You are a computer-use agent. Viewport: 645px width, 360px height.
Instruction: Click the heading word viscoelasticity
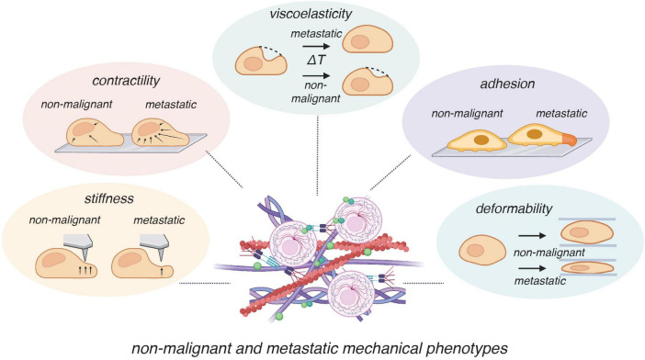click(x=311, y=14)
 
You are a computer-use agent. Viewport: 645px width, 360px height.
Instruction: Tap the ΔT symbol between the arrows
click(x=315, y=60)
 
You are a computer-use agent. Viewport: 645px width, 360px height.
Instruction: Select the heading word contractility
click(x=126, y=81)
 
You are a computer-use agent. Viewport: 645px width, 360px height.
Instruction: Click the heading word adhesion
click(x=507, y=84)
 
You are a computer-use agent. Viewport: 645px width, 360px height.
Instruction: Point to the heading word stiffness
click(x=109, y=199)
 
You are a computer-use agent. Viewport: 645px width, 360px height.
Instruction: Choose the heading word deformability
click(x=514, y=208)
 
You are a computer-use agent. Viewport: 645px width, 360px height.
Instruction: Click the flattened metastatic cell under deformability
click(x=587, y=268)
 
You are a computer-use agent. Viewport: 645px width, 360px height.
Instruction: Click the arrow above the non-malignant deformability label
click(x=532, y=236)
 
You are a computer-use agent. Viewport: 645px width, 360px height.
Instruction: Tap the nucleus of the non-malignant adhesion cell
click(x=481, y=140)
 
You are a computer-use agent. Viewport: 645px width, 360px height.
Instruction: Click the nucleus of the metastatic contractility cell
click(x=149, y=129)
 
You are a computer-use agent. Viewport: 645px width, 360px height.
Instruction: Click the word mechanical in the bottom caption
click(x=381, y=348)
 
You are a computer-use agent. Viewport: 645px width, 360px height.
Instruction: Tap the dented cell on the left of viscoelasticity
click(x=260, y=61)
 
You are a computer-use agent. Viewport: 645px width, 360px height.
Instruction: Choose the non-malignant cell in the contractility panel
click(x=95, y=133)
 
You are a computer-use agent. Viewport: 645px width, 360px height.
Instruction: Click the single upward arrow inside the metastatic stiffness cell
click(x=162, y=271)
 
